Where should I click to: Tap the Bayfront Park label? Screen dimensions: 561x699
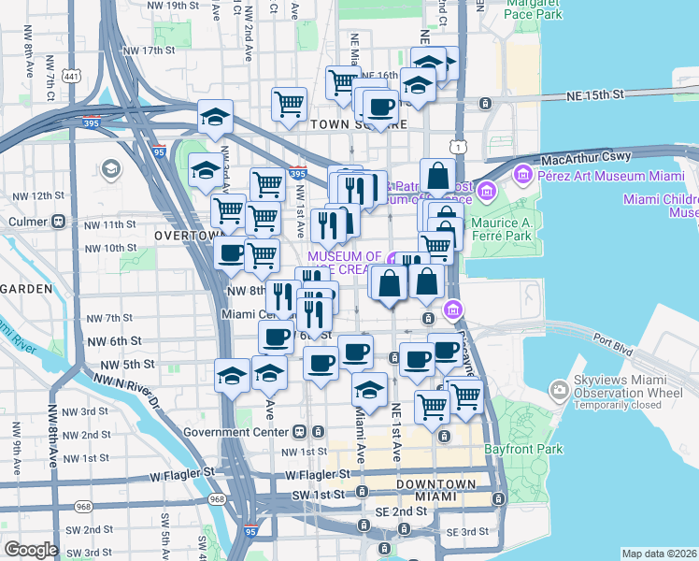[x=524, y=450]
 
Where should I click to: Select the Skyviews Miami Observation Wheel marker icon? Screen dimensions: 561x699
[x=560, y=389]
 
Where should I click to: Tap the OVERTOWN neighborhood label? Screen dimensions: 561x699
[x=187, y=237]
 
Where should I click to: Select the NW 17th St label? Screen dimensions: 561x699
[x=149, y=50]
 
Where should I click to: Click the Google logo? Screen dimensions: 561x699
[x=31, y=549]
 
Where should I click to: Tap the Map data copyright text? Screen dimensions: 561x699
[x=659, y=554]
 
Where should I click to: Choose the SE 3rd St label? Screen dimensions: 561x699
[x=466, y=532]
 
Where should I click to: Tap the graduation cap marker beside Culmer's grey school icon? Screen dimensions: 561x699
[x=207, y=170]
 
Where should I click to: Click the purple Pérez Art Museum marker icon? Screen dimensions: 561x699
[x=521, y=174]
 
